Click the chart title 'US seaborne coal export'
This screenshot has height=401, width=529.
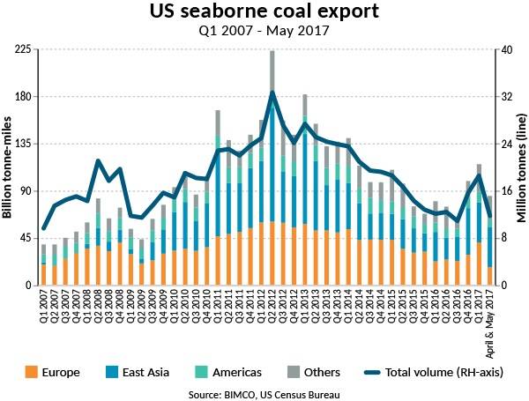pyautogui.click(x=264, y=13)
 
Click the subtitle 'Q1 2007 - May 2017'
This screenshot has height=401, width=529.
pyautogui.click(x=264, y=33)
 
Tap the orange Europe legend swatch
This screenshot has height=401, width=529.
pyautogui.click(x=31, y=372)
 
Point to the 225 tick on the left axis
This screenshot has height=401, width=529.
pyautogui.click(x=24, y=49)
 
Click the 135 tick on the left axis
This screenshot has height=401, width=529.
pyautogui.click(x=24, y=144)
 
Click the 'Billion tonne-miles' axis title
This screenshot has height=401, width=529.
pyautogui.click(x=8, y=167)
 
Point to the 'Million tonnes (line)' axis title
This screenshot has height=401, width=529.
pyautogui.click(x=520, y=167)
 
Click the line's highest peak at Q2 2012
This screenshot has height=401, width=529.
pyautogui.click(x=272, y=92)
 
